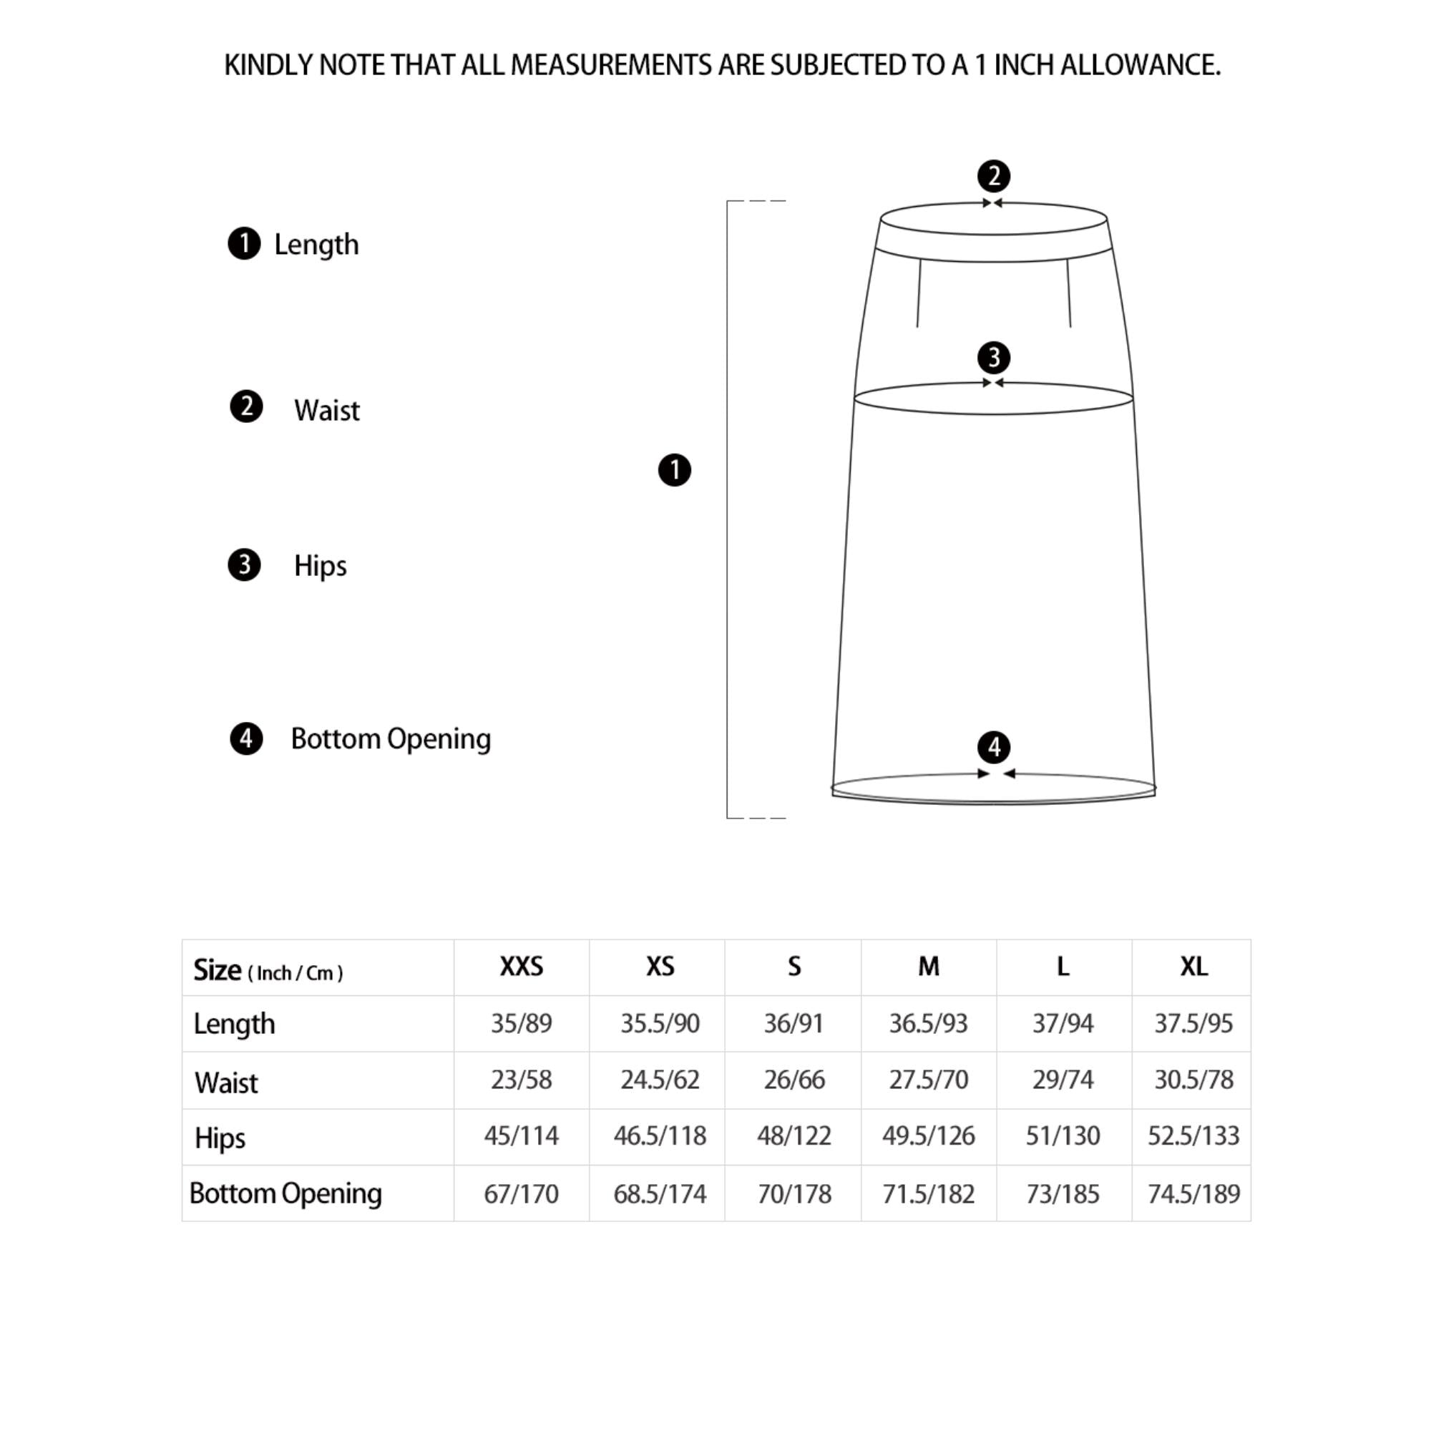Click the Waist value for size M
tap(928, 1079)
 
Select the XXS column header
tap(521, 966)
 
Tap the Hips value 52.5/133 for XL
tap(1193, 1135)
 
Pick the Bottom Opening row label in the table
tap(285, 1193)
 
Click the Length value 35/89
tap(521, 1023)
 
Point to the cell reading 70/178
tap(793, 1194)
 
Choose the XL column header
tap(1193, 966)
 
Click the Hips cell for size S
tap(793, 1135)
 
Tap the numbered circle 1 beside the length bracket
tap(674, 470)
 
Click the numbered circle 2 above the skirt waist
tap(993, 176)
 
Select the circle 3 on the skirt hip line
tap(993, 358)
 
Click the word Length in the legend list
tap(316, 245)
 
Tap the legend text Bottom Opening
tap(391, 738)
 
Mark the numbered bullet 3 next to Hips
tap(244, 565)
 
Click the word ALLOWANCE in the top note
tap(1140, 65)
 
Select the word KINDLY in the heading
tap(268, 65)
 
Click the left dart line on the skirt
tap(919, 293)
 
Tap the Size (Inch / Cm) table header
tap(268, 970)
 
